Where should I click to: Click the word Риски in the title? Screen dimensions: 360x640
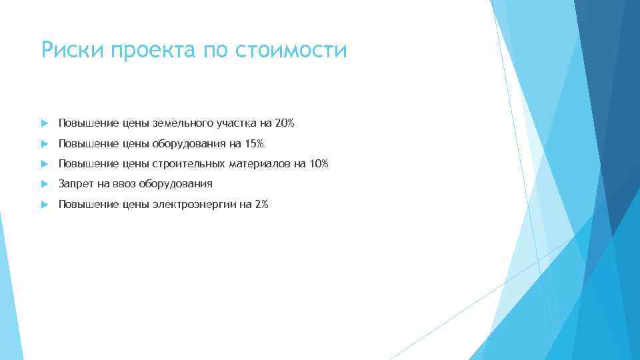66,50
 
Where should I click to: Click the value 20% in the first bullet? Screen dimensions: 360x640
284,123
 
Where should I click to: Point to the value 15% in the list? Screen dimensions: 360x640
253,143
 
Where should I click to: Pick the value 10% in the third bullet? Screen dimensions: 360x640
318,163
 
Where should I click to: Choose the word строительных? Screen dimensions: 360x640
189,163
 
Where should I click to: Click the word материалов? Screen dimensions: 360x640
261,163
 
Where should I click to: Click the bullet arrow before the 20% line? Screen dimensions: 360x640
44,123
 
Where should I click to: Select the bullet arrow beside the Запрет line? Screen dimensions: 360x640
44,183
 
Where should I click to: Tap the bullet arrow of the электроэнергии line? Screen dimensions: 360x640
44,204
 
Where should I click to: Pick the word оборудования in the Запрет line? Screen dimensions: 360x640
175,184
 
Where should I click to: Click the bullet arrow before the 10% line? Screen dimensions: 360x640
44,163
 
